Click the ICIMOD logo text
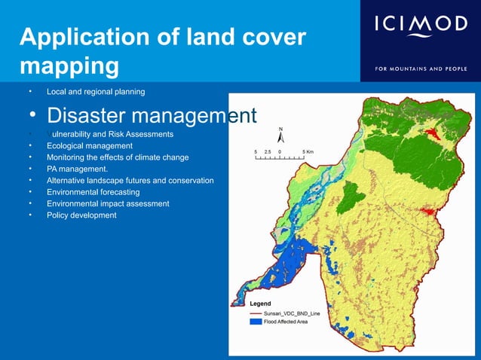coord(421,26)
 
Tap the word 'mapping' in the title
coord(69,66)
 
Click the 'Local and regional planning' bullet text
coord(96,92)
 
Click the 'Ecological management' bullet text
coord(90,145)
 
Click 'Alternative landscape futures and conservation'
coord(130,181)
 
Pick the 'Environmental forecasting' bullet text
coord(93,192)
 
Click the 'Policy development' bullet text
coord(81,215)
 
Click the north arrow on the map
coord(280,136)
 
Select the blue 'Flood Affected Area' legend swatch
coord(256,322)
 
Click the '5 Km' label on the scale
coord(308,151)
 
